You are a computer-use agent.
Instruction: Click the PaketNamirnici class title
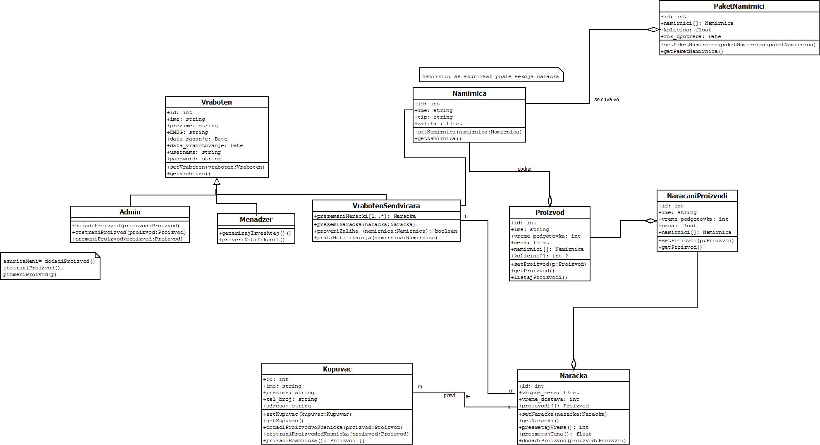(739, 6)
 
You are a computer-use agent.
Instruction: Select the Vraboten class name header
(216, 102)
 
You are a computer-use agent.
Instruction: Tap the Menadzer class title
(256, 219)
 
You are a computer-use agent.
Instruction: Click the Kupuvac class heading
(337, 369)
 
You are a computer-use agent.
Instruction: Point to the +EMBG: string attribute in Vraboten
(187, 132)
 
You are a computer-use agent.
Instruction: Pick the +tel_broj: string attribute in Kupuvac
(290, 399)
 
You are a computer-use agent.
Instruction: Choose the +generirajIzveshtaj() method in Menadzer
(255, 233)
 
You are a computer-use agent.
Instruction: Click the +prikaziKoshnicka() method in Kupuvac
(314, 440)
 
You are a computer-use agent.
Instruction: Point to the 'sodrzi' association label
(524, 169)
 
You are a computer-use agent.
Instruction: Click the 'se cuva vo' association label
(606, 100)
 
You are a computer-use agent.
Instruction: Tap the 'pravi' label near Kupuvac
(449, 395)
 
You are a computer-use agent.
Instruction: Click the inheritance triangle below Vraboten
(217, 181)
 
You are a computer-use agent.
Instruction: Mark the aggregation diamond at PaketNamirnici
(653, 29)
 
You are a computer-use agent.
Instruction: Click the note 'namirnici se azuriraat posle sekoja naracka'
(491, 76)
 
